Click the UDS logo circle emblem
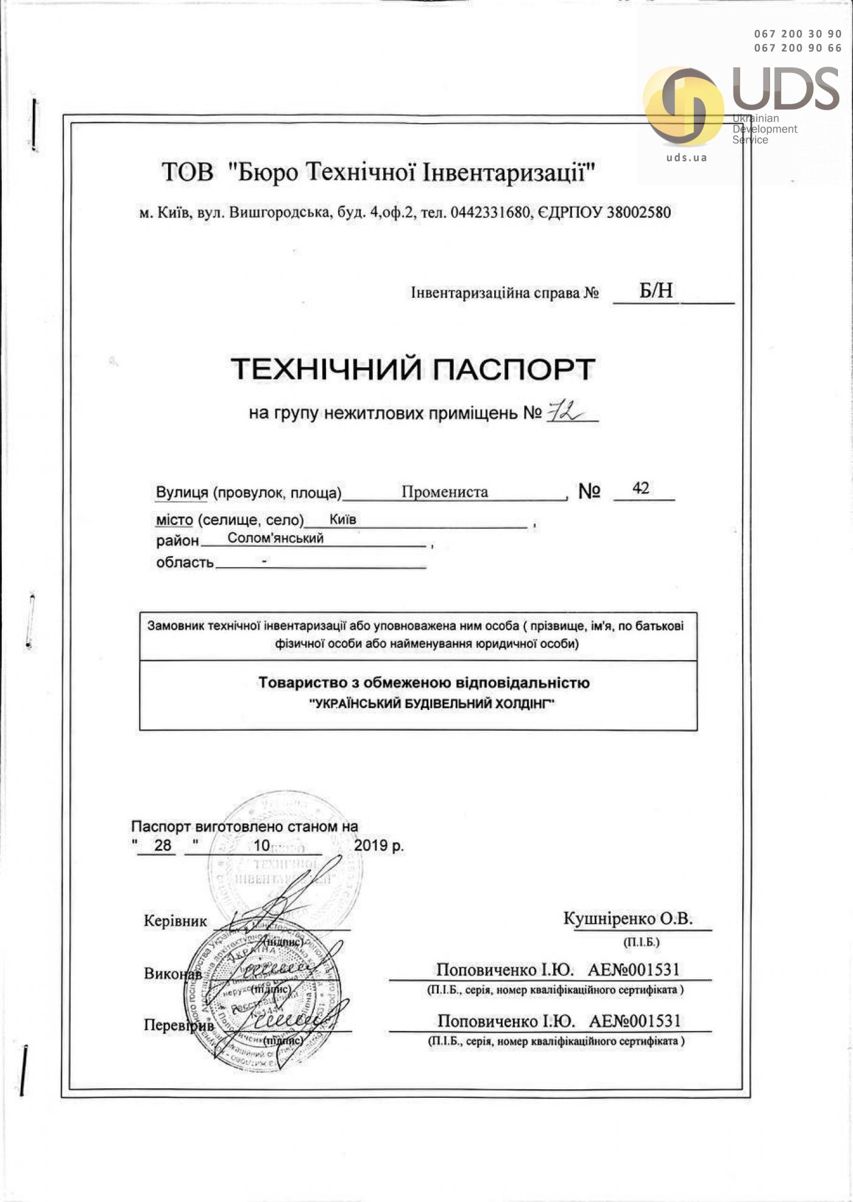(x=684, y=106)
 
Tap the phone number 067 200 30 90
(x=798, y=34)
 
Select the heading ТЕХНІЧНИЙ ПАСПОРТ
(x=413, y=369)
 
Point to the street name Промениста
(x=444, y=491)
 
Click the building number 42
(x=641, y=488)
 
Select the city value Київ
(x=343, y=519)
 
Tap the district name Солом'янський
(x=275, y=538)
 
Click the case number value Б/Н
(x=656, y=290)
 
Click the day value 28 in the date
(x=163, y=845)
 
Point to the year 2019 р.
(x=378, y=845)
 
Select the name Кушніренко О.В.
(x=628, y=918)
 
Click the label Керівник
(x=175, y=921)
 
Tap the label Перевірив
(x=179, y=1025)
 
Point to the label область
(x=185, y=562)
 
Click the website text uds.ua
(x=687, y=157)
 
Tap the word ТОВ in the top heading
(x=188, y=172)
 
